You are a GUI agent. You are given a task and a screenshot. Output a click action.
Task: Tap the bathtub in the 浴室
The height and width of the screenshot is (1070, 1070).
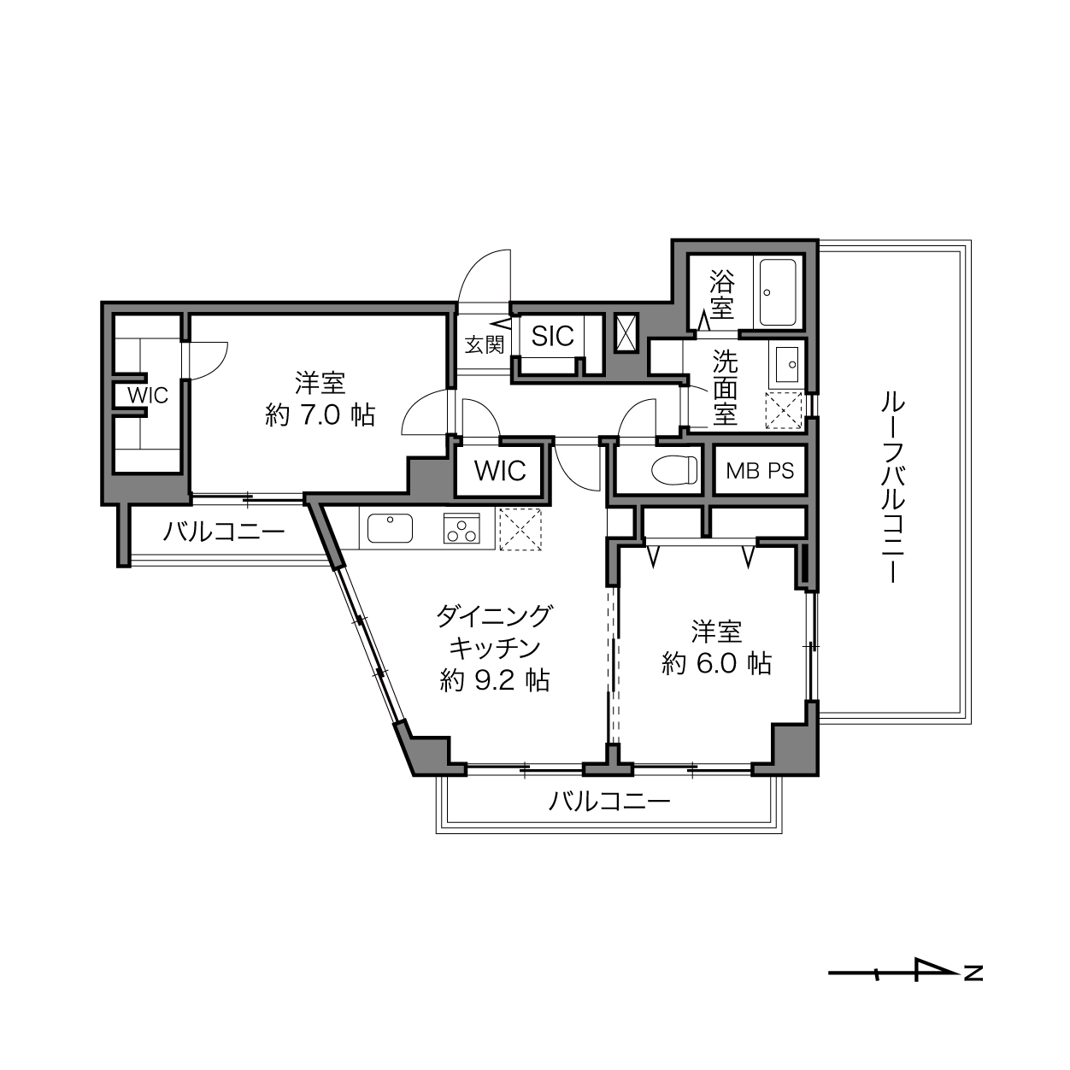[x=778, y=292]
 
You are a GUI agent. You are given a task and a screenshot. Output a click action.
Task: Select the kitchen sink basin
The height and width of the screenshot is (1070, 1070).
[x=390, y=528]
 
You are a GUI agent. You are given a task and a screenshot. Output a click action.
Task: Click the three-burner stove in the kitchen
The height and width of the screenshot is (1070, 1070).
[x=461, y=528]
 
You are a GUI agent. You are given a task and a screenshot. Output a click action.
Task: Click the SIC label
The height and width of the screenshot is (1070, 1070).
[x=552, y=336]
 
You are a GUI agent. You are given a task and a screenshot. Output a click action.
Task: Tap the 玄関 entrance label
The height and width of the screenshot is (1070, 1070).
[x=485, y=344]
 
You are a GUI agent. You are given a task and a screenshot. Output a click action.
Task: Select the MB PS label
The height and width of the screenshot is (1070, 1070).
[x=760, y=471]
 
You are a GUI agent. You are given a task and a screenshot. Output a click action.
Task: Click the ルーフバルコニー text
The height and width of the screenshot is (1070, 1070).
[x=893, y=487]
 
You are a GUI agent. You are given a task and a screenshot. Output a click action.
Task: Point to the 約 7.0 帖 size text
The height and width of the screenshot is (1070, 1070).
[x=320, y=414]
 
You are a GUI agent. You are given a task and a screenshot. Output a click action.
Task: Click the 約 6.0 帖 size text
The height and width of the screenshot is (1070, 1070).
[x=716, y=662]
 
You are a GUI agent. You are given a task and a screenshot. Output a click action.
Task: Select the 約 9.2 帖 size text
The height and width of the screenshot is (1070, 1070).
[x=495, y=680]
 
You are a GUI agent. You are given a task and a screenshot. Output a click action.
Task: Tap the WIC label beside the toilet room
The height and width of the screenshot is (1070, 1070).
[x=500, y=471]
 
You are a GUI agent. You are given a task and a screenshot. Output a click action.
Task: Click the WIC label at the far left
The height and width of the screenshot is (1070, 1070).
[x=148, y=396]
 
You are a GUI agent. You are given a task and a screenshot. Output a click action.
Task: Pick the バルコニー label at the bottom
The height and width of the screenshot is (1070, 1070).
[x=609, y=802]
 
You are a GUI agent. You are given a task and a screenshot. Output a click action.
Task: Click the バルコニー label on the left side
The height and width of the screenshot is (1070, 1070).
[x=223, y=532]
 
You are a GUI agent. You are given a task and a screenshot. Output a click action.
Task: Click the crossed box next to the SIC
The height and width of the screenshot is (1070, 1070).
[x=627, y=333]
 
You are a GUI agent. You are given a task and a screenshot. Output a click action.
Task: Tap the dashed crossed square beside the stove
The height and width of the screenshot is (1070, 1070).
[x=520, y=529]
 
